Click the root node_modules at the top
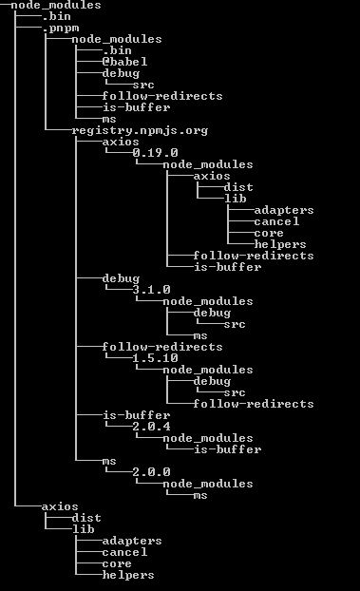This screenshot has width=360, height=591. point(55,5)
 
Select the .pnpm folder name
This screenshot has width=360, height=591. point(61,28)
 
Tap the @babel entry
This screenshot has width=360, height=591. point(124,62)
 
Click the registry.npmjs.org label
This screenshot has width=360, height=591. point(140,130)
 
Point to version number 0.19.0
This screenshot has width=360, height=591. point(156,153)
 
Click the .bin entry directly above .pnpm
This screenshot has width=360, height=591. point(57,16)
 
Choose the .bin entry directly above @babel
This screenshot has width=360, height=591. point(117,50)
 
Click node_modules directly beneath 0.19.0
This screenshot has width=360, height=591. point(208,164)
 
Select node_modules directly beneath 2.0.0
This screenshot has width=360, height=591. point(208,484)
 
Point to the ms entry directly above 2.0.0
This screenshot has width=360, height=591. point(109,461)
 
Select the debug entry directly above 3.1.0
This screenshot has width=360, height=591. point(121,278)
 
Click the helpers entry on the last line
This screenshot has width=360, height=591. point(128,575)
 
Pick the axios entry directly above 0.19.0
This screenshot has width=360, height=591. point(121,142)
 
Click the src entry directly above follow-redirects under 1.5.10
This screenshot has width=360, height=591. point(235,392)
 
